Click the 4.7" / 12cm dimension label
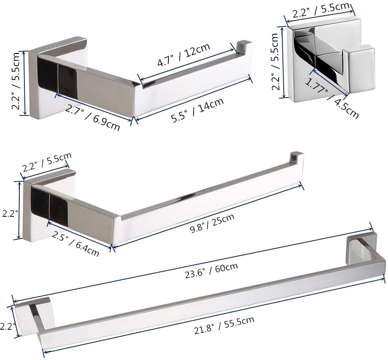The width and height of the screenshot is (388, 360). (x=184, y=55)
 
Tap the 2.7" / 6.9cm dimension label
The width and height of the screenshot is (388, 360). (x=92, y=118)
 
